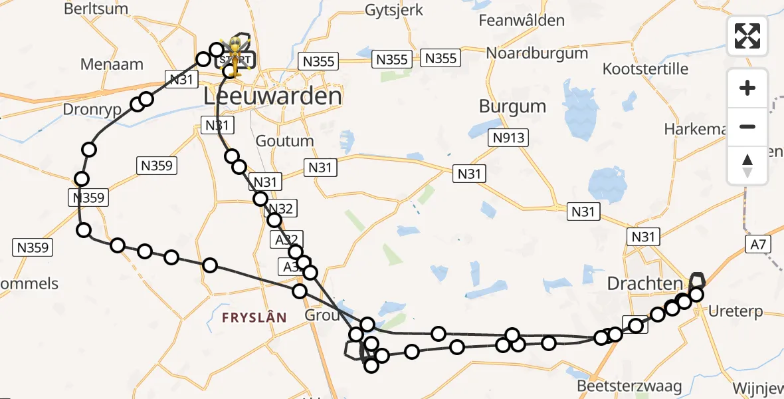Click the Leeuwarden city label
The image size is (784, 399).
point(272,96)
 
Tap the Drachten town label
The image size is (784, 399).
point(645,284)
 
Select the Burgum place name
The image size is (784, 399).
point(512,106)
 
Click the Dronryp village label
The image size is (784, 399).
point(93,109)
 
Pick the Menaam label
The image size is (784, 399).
point(112,65)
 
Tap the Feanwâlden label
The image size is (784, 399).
point(522,21)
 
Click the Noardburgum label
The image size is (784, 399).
point(537,53)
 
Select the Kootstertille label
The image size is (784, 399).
point(647,68)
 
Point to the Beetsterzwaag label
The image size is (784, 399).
point(619,386)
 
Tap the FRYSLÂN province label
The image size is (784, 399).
point(254,318)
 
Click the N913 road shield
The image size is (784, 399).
point(509,138)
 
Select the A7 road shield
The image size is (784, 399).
point(759,245)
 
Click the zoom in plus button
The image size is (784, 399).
point(747,88)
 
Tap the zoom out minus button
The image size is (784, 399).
point(747,126)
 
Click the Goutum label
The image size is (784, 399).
point(284,141)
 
